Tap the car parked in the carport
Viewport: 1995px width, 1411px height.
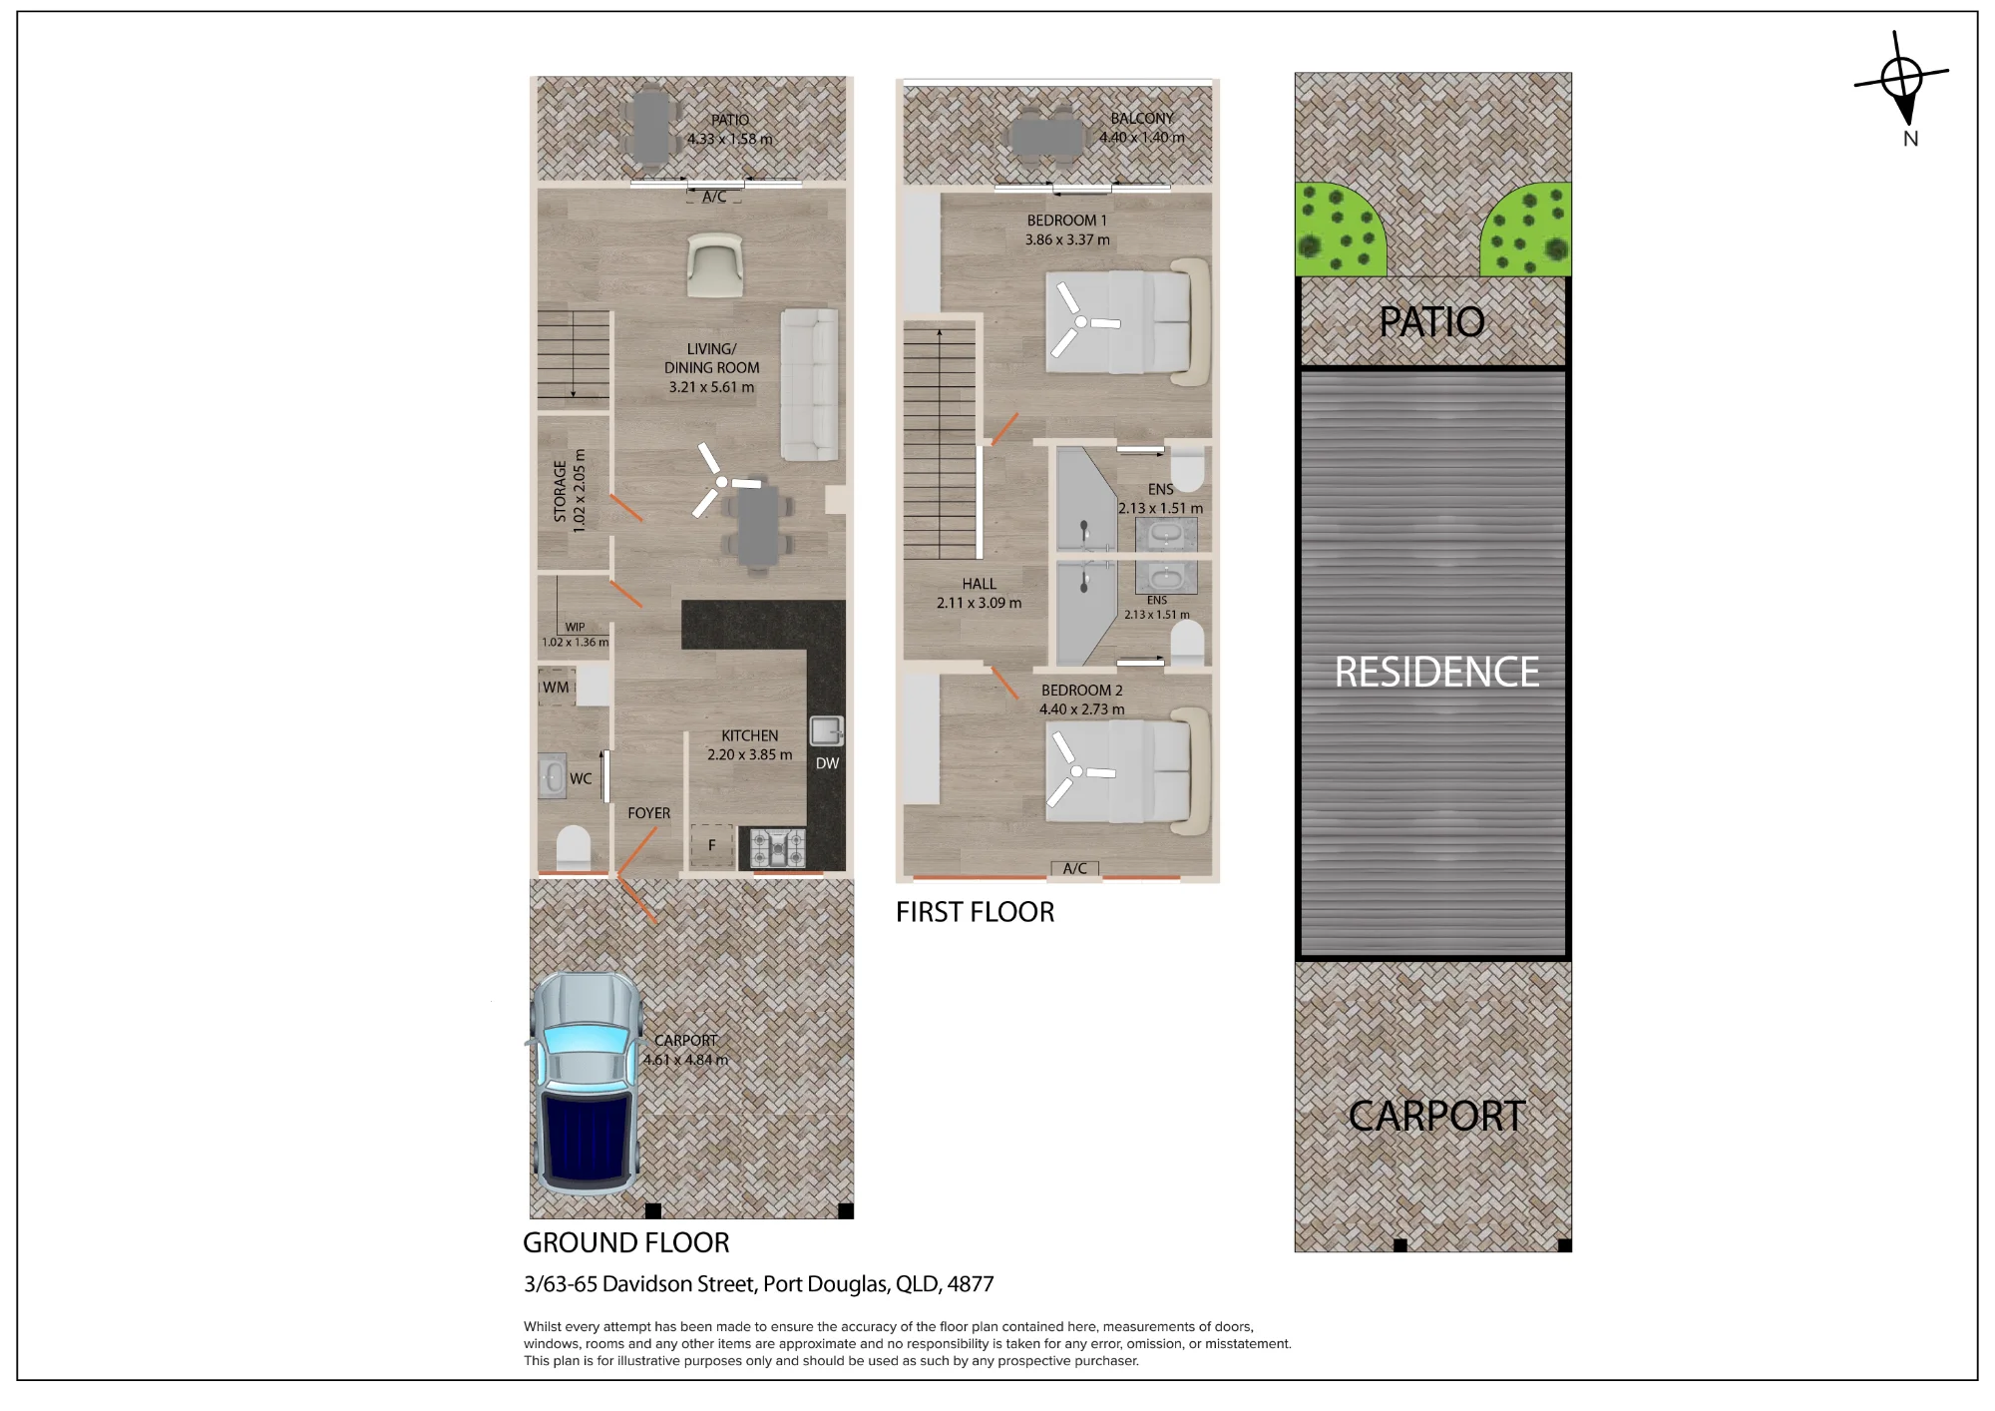[586, 1084]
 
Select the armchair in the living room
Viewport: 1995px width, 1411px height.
[715, 265]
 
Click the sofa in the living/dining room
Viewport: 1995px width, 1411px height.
[809, 384]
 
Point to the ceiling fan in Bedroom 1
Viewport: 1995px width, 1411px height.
[1081, 321]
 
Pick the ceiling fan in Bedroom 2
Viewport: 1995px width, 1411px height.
[1077, 770]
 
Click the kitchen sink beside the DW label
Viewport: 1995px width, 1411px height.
[826, 731]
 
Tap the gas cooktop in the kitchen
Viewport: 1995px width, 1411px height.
[778, 849]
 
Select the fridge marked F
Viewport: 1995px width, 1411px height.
[712, 846]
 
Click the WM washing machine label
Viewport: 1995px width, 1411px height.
[556, 688]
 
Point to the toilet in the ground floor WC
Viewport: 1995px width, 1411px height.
[573, 849]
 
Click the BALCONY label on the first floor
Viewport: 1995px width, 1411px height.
[1142, 118]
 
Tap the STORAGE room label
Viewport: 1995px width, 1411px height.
[560, 491]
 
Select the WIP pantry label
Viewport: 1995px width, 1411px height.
[576, 628]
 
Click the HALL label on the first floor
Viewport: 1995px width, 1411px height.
[979, 584]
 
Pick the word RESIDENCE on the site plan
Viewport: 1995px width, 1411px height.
[1436, 673]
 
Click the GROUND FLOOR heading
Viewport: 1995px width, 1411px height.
[626, 1242]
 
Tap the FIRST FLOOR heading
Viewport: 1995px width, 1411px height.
[975, 912]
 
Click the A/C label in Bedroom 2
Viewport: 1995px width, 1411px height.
[1075, 869]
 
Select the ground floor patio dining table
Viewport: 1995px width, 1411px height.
[649, 129]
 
